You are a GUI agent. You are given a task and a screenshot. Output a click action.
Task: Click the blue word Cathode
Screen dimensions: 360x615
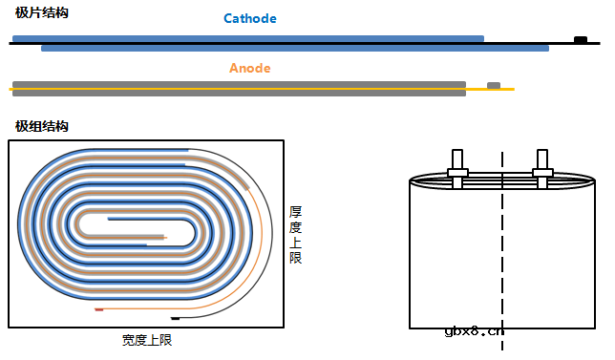249,19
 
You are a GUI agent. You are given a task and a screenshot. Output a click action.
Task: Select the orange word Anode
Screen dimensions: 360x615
249,69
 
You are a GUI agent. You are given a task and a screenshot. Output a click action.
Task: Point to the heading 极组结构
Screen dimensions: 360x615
42,126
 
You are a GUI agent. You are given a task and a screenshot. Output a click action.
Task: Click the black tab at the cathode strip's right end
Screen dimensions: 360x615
580,39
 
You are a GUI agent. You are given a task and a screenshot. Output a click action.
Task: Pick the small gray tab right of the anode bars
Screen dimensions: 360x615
493,85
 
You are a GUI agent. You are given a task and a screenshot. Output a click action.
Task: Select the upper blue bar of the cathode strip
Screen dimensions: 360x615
248,38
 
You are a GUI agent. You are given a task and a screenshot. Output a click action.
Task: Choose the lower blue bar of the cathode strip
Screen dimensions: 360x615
295,48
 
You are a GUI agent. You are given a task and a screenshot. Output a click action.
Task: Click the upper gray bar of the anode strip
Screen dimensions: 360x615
239,84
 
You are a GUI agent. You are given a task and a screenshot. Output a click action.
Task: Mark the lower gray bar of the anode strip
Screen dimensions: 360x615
239,94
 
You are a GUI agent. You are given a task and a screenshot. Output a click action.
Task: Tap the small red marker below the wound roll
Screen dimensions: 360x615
98,309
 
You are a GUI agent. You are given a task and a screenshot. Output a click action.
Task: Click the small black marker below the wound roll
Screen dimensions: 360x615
175,316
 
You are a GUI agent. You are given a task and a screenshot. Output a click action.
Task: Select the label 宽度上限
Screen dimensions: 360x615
147,339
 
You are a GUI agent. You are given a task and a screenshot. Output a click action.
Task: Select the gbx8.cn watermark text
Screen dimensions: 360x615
475,332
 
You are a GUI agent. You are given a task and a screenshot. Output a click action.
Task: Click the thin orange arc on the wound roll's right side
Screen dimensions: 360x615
271,229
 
